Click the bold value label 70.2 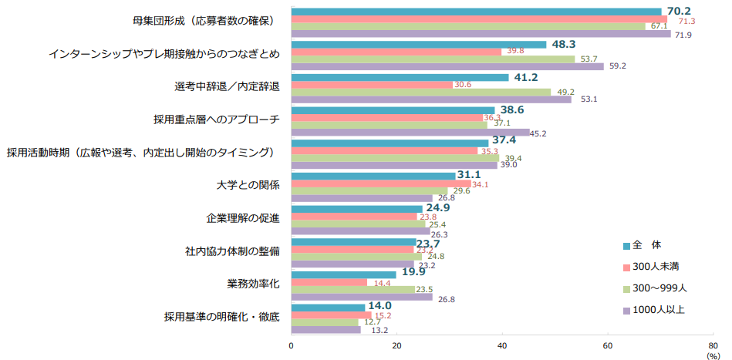pos(680,11)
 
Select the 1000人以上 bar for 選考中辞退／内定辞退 pos(431,99)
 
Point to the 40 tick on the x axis pos(502,345)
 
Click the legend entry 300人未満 pos(655,266)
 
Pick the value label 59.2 pos(617,66)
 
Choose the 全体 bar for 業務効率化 pos(343,274)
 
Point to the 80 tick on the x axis pos(713,345)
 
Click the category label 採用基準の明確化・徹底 pos(221,317)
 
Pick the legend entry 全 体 pos(646,245)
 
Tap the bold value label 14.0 pos(379,306)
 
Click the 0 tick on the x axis pos(292,345)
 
